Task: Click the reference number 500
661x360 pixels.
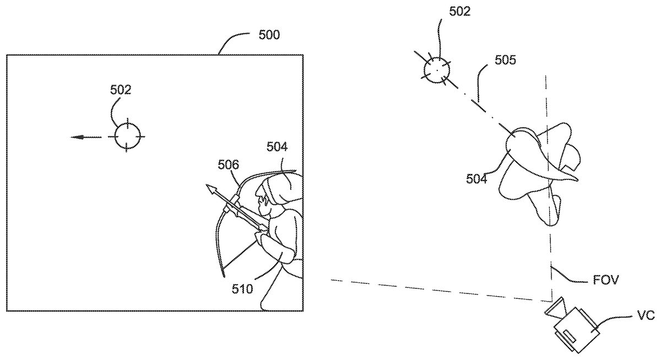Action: coord(269,36)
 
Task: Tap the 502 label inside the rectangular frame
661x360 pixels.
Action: coord(121,90)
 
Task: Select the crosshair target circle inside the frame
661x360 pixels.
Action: coord(128,134)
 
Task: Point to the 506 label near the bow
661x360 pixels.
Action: coord(228,164)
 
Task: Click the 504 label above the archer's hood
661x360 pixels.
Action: coord(277,146)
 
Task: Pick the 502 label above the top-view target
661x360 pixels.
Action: coord(459,12)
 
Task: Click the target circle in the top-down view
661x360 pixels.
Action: coord(436,70)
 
